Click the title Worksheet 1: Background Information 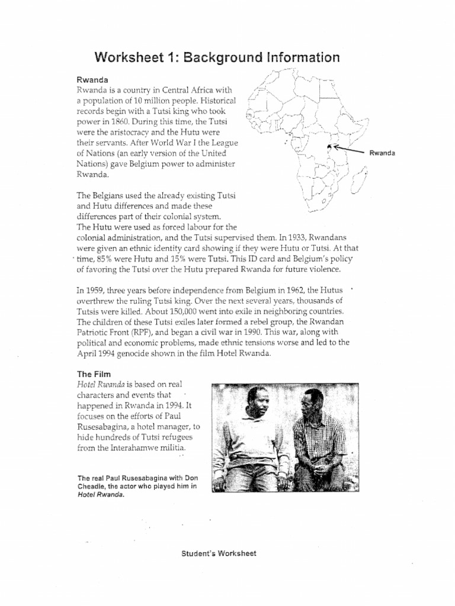click(217, 57)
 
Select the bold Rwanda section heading click(92, 79)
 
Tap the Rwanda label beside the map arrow click(382, 153)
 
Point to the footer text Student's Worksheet click(218, 554)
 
